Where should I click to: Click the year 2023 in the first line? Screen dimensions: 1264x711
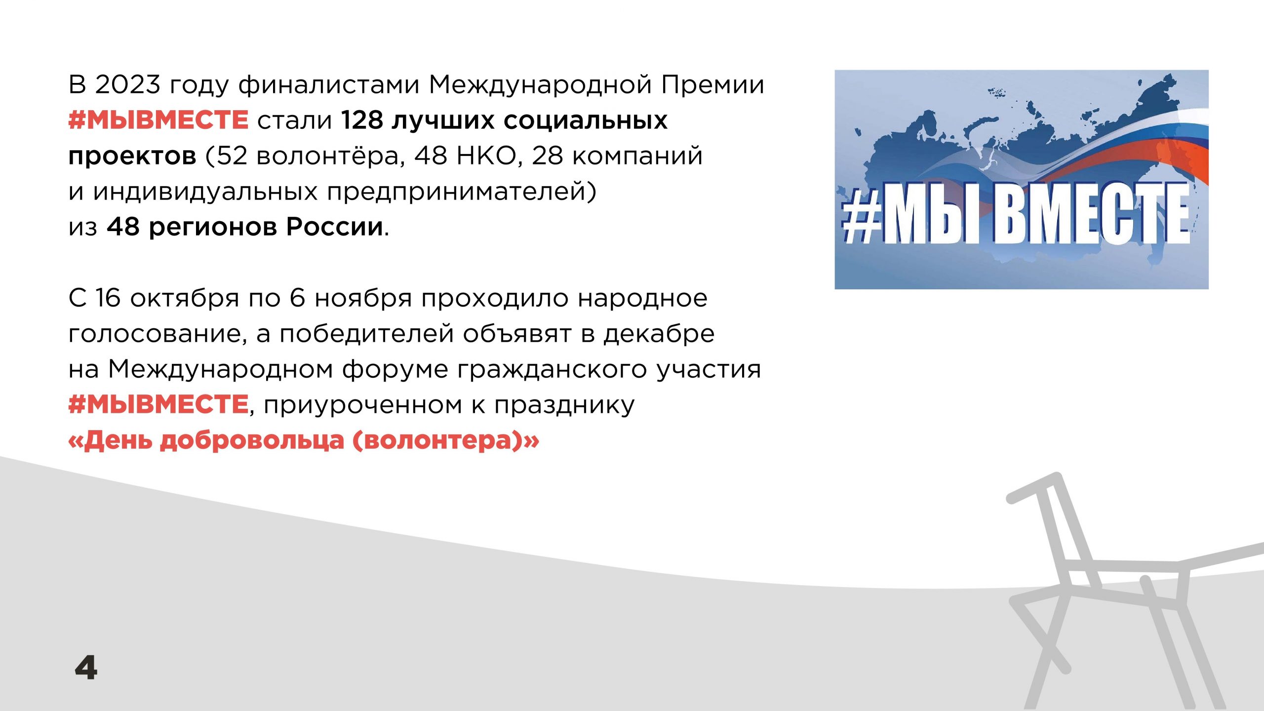128,84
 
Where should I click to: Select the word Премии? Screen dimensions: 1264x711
713,85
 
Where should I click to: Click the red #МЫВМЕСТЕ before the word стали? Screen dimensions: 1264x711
158,120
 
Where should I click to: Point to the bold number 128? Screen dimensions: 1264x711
362,120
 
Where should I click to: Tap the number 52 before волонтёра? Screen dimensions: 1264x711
232,156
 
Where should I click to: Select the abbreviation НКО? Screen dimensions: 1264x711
486,156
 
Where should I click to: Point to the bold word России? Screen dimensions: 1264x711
335,227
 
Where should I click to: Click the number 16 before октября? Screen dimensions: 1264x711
108,298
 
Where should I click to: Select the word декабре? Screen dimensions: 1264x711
659,334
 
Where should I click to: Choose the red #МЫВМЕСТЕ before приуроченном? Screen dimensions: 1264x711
158,404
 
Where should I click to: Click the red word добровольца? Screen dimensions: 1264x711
252,441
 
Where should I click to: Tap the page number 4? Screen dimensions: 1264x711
86,668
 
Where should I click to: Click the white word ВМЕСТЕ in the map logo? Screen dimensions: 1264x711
1092,214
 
